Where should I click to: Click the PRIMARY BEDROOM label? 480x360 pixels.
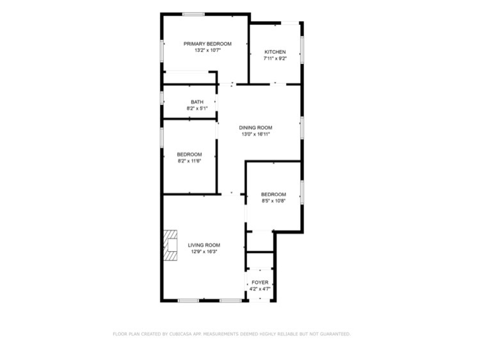207,44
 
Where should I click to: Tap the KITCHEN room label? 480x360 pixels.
275,52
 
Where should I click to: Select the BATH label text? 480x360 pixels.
197,102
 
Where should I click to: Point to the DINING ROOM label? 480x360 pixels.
255,127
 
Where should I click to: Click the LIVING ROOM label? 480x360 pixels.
204,245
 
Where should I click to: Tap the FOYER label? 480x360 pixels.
260,282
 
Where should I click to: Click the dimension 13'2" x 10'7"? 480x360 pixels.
207,50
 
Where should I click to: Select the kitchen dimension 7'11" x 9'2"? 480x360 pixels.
275,58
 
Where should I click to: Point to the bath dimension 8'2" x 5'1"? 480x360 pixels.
197,108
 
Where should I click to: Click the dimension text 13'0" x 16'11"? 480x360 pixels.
255,134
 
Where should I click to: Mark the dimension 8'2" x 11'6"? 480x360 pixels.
189,161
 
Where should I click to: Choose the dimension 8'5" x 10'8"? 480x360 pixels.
273,201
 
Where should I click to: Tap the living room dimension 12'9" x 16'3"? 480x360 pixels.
204,252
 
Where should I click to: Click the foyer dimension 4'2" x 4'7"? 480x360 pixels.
260,289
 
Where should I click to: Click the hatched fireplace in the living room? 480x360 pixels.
170,245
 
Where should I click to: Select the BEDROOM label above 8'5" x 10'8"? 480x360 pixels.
273,195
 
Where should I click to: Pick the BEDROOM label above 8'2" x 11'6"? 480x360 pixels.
189,154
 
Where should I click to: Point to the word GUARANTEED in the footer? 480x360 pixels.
335,334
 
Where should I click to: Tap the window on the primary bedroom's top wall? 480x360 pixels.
193,14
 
